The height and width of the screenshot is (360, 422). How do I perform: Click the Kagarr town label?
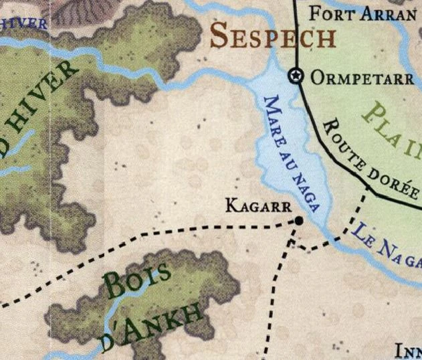(256, 205)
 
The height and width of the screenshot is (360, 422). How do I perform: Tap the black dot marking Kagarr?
(298, 221)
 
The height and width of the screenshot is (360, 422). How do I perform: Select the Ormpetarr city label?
(362, 78)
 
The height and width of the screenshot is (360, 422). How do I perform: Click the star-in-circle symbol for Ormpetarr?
(294, 76)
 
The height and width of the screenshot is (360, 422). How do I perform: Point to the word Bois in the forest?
(137, 282)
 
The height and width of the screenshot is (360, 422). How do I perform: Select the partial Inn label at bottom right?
(408, 351)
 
